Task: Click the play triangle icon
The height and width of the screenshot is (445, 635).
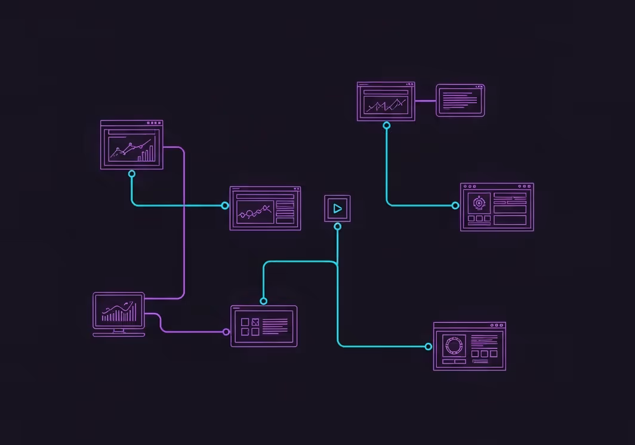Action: pos(338,209)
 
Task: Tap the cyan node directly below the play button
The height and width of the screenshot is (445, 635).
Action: pos(338,227)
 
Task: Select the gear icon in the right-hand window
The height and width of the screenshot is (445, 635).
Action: pos(479,203)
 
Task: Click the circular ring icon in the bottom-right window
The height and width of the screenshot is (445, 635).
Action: pos(454,345)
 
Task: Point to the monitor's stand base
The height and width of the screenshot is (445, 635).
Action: pos(119,335)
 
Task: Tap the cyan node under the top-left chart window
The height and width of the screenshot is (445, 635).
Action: pos(132,174)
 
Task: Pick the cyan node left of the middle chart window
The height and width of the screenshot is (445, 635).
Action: pos(225,205)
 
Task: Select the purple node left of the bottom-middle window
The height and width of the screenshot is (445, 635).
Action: pos(226,332)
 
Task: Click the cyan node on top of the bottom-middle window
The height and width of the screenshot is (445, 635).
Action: pos(263,301)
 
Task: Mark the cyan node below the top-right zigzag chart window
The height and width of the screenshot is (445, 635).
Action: pos(387,126)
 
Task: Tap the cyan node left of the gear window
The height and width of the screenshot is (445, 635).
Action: pos(455,205)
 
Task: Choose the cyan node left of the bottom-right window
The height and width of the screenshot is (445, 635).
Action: pos(429,347)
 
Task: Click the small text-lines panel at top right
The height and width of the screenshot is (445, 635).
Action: pos(460,100)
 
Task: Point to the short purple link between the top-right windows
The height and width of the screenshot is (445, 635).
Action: pos(426,101)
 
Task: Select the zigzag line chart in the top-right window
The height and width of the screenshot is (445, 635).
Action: pos(387,106)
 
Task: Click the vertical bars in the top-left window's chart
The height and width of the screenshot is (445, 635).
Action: pos(146,154)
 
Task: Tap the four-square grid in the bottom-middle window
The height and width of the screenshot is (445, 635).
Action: pos(250,326)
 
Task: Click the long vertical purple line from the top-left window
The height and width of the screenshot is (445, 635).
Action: pos(184,227)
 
